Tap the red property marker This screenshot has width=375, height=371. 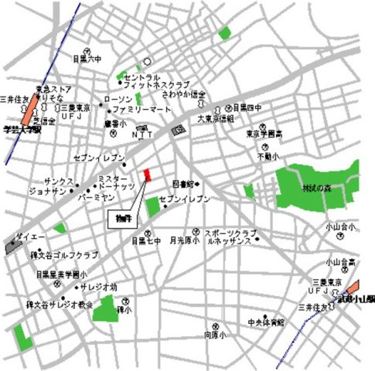(146, 174)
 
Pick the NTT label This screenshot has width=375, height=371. (147, 134)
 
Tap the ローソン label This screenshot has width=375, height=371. (118, 100)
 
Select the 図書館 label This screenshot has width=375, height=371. (183, 184)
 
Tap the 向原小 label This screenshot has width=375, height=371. (214, 335)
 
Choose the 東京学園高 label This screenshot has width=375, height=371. (265, 133)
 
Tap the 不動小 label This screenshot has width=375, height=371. (268, 156)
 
